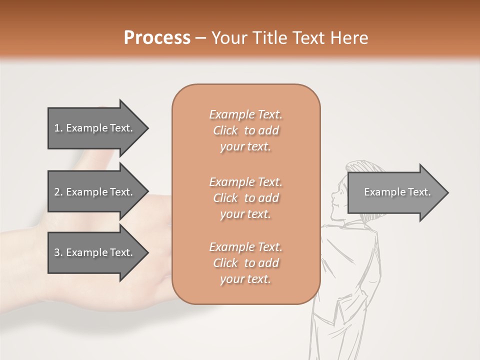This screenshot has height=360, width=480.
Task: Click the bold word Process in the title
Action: pyautogui.click(x=157, y=38)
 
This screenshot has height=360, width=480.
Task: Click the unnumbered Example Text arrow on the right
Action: pyautogui.click(x=397, y=192)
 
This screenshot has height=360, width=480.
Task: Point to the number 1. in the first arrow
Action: pyautogui.click(x=58, y=128)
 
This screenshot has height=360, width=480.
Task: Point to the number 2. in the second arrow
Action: pyautogui.click(x=58, y=192)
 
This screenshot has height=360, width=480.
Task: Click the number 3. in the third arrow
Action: pyautogui.click(x=58, y=252)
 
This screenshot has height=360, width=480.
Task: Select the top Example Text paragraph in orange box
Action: pyautogui.click(x=245, y=130)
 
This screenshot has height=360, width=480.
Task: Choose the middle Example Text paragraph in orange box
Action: pyautogui.click(x=245, y=197)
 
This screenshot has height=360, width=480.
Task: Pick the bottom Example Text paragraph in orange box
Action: pyautogui.click(x=245, y=263)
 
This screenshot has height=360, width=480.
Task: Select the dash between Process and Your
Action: pyautogui.click(x=200, y=38)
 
